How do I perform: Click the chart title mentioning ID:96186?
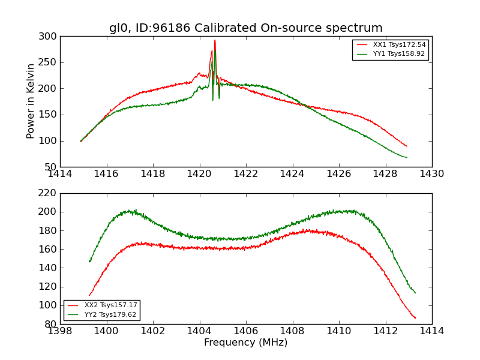coord(245,28)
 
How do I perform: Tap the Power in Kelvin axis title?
coord(31,101)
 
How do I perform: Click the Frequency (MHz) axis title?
coord(245,343)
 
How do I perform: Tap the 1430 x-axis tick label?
coord(431,174)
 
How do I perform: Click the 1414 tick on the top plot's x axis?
coord(61,174)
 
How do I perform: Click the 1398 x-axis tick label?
coord(61,331)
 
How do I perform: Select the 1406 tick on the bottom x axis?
coord(245,331)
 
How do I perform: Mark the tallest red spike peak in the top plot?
coord(215,40)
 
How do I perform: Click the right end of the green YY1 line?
coord(407,158)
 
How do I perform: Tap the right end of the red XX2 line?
coord(415,318)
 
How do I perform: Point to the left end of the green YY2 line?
coord(89,262)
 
